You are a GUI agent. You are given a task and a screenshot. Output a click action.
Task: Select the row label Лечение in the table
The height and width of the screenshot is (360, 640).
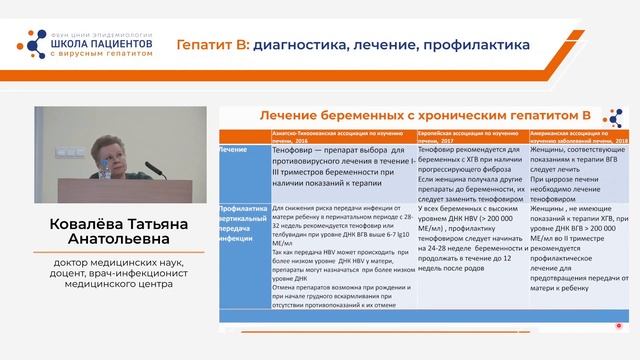(x=234, y=149)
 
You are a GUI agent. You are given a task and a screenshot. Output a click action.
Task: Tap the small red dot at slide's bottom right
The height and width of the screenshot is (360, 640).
(x=619, y=326)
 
